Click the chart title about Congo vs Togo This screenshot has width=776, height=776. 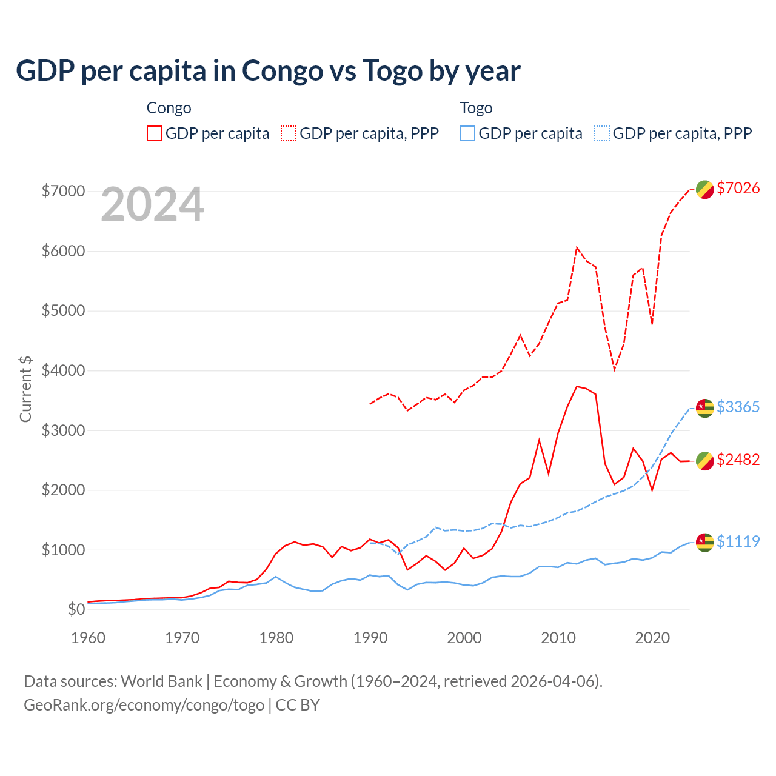pos(268,71)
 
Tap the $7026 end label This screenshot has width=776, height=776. pos(738,188)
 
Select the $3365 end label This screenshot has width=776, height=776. pos(738,407)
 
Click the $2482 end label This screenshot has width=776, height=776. pos(738,460)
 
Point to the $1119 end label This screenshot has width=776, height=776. pos(738,541)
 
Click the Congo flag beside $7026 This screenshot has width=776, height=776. pos(704,189)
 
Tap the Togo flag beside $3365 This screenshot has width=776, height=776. pos(704,408)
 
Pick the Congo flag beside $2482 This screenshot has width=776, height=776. pos(704,461)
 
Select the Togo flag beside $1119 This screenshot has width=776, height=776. pos(704,543)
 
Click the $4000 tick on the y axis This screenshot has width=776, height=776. pos(63,370)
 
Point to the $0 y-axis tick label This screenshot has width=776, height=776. pos(76,609)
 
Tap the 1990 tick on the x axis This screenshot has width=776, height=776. pos(370,638)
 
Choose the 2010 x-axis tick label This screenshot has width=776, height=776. pos(558,638)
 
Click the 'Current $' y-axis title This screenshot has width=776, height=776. pos(25,389)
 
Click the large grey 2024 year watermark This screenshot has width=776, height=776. pos(152,205)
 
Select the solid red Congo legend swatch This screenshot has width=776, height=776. pos(155,133)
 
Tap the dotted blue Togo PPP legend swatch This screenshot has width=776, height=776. pos(602,133)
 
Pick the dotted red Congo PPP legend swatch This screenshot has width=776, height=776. pos(289,133)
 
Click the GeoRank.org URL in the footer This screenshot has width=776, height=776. pos(144,705)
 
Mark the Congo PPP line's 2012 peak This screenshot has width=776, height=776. pos(577,247)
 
